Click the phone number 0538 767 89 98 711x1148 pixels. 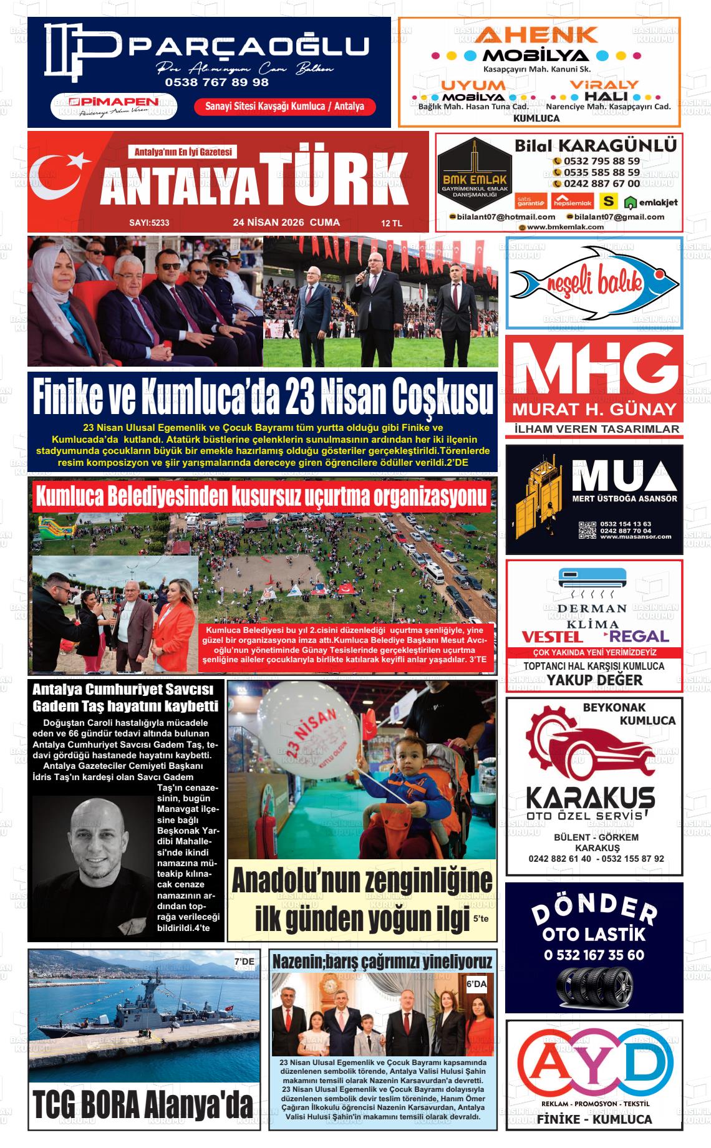pyautogui.click(x=216, y=82)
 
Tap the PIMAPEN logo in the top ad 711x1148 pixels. pyautogui.click(x=114, y=105)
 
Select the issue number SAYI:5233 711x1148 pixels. pyautogui.click(x=149, y=223)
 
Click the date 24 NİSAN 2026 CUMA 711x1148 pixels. pyautogui.click(x=286, y=222)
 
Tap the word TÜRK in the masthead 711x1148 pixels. pyautogui.click(x=336, y=179)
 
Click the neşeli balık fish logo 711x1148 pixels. pyautogui.click(x=594, y=282)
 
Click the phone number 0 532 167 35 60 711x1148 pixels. pyautogui.click(x=594, y=955)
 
